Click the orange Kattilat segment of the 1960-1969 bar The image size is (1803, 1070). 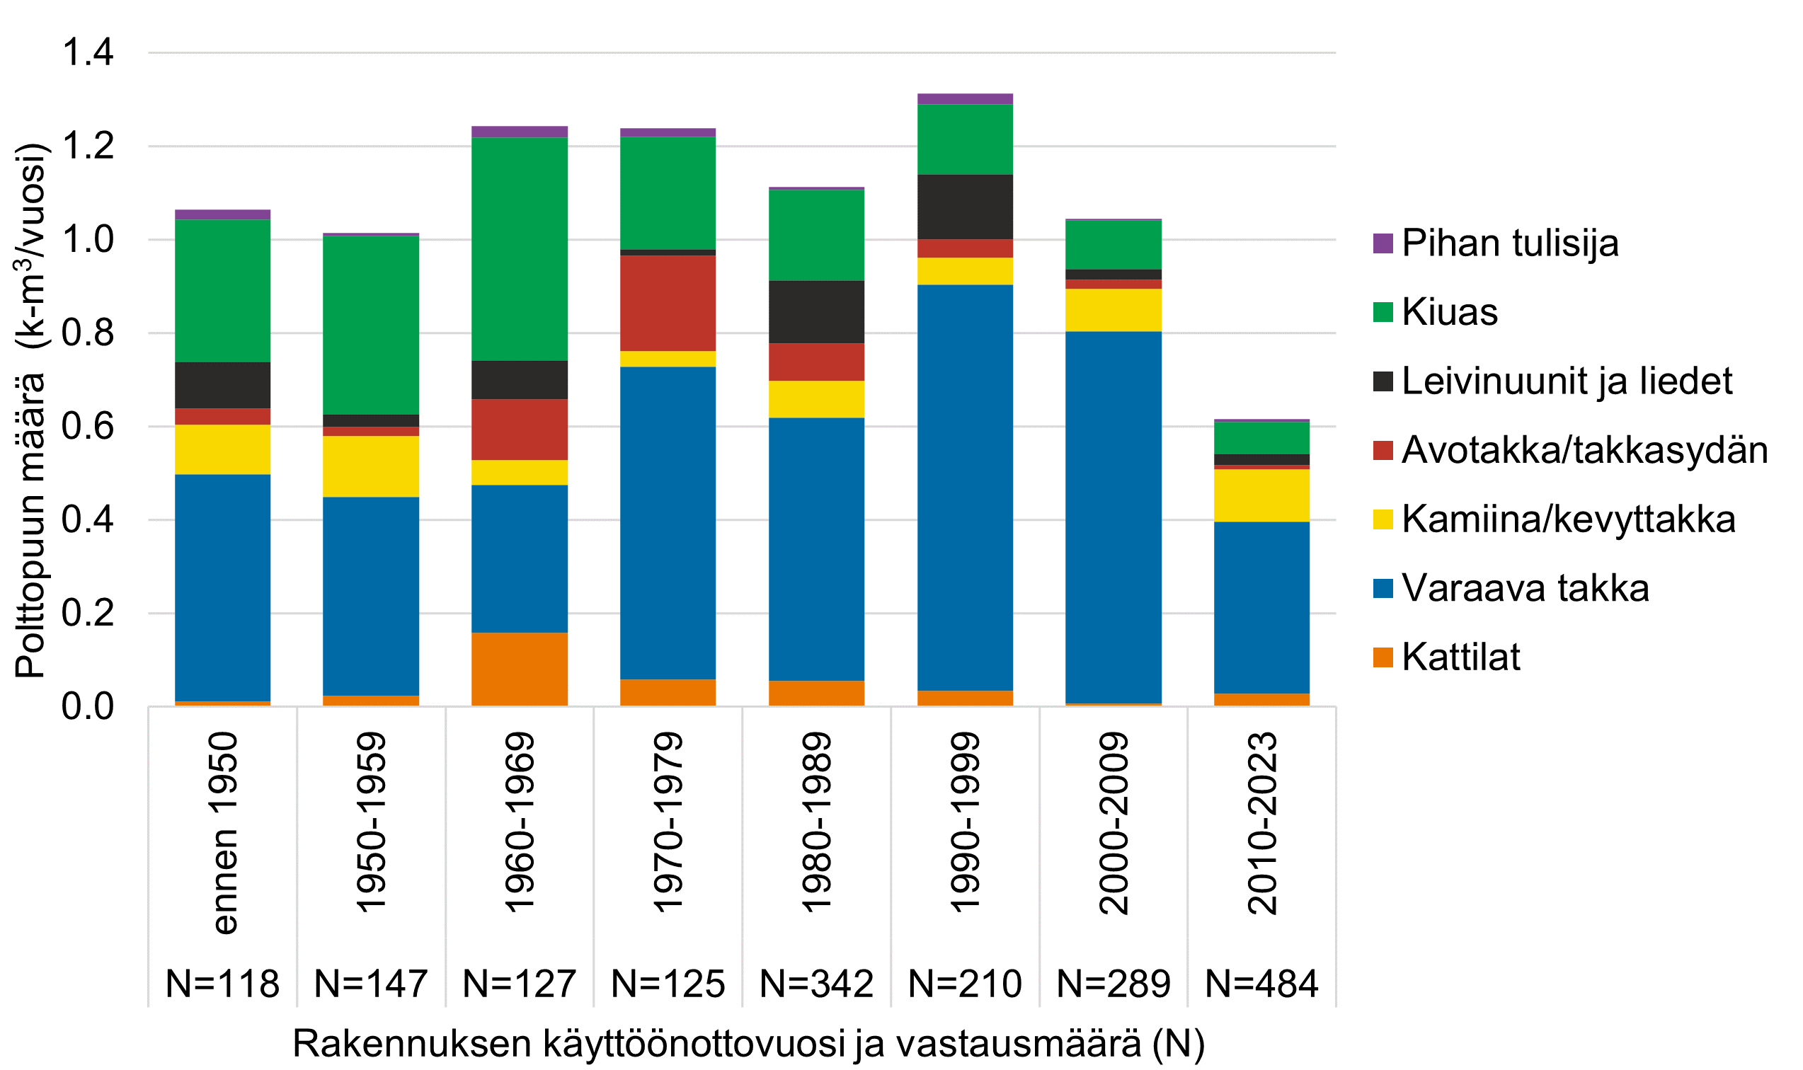click(x=520, y=669)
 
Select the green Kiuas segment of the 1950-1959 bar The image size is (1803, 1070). click(x=371, y=324)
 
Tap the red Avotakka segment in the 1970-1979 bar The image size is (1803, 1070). click(x=668, y=303)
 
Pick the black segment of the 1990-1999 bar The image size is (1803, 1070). click(x=965, y=206)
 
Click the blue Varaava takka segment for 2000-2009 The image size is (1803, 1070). click(x=1114, y=517)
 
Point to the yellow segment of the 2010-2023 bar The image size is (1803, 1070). click(x=1261, y=495)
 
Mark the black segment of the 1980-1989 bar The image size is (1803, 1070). click(x=816, y=311)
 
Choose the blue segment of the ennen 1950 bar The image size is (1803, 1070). click(x=223, y=587)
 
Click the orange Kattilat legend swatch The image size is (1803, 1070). click(x=1383, y=657)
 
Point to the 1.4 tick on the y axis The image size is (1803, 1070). click(x=88, y=52)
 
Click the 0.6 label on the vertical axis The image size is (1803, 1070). click(x=88, y=426)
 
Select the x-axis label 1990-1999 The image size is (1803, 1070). click(x=965, y=824)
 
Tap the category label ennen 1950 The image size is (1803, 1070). click(x=223, y=834)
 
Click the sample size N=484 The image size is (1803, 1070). click(x=1261, y=984)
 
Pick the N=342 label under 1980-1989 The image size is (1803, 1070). click(x=816, y=984)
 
